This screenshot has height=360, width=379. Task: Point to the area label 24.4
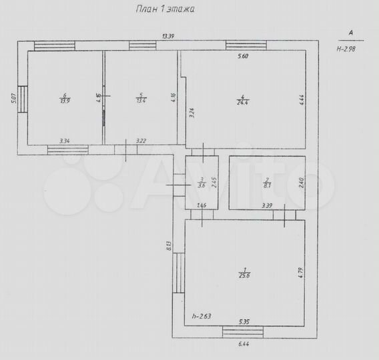pos(242,101)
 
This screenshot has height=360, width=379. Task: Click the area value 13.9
pos(65,101)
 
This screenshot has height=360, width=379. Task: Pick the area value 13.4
pos(141,101)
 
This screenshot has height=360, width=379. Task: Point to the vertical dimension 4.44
pos(302,99)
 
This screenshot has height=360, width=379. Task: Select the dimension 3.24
pos(192,113)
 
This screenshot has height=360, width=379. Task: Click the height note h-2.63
pos(201,316)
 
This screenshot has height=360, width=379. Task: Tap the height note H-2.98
pos(347,48)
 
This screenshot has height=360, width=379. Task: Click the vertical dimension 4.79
pos(301,273)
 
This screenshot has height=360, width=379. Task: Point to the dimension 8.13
pos(169,246)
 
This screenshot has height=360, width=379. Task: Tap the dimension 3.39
pos(267,205)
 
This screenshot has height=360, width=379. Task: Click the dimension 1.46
pos(201,205)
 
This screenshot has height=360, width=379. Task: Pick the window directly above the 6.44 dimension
pos(242,331)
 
